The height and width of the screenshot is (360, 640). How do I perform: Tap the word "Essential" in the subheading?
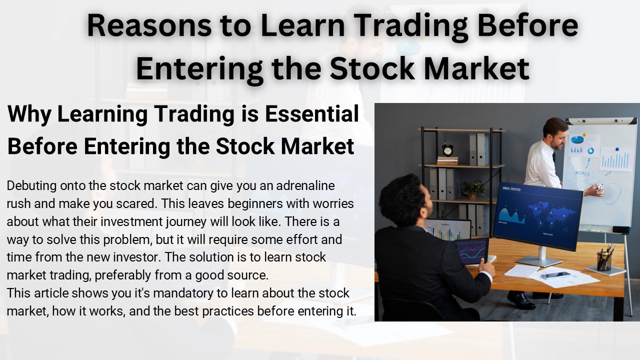pos(312,114)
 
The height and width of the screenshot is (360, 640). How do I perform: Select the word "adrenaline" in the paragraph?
pos(306,186)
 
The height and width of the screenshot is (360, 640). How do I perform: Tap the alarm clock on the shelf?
pos(447,149)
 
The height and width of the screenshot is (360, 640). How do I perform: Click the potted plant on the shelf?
pos(472,189)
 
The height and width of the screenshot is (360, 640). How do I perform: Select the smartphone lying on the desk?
pos(555,275)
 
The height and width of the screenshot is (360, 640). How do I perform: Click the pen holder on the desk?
pos(604,260)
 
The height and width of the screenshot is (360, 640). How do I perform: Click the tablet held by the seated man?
pos(472,250)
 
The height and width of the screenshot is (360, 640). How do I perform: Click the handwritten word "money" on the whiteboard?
pos(581,173)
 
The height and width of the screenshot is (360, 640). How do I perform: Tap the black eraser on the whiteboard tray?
pos(621,230)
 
